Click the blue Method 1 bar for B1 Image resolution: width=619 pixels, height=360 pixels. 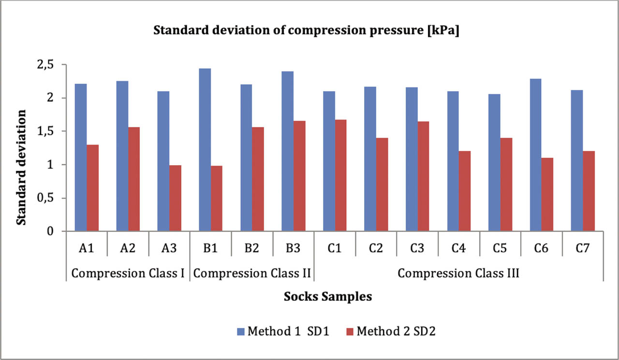[x=205, y=150]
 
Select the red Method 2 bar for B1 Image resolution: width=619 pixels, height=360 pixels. [x=217, y=199]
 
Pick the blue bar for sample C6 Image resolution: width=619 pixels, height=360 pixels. [x=536, y=155]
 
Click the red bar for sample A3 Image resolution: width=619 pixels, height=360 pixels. [x=175, y=198]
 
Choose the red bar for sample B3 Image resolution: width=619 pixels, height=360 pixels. [x=299, y=176]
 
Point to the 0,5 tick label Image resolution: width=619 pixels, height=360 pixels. [x=49, y=198]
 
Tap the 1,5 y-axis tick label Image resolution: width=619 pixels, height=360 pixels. [x=49, y=131]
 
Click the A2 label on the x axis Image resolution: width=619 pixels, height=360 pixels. [x=128, y=248]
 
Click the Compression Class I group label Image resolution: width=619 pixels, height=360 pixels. [x=128, y=274]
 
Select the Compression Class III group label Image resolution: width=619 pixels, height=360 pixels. [x=458, y=274]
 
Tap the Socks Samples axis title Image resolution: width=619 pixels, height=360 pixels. [x=327, y=297]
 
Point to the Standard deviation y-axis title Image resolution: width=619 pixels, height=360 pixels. [x=21, y=167]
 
